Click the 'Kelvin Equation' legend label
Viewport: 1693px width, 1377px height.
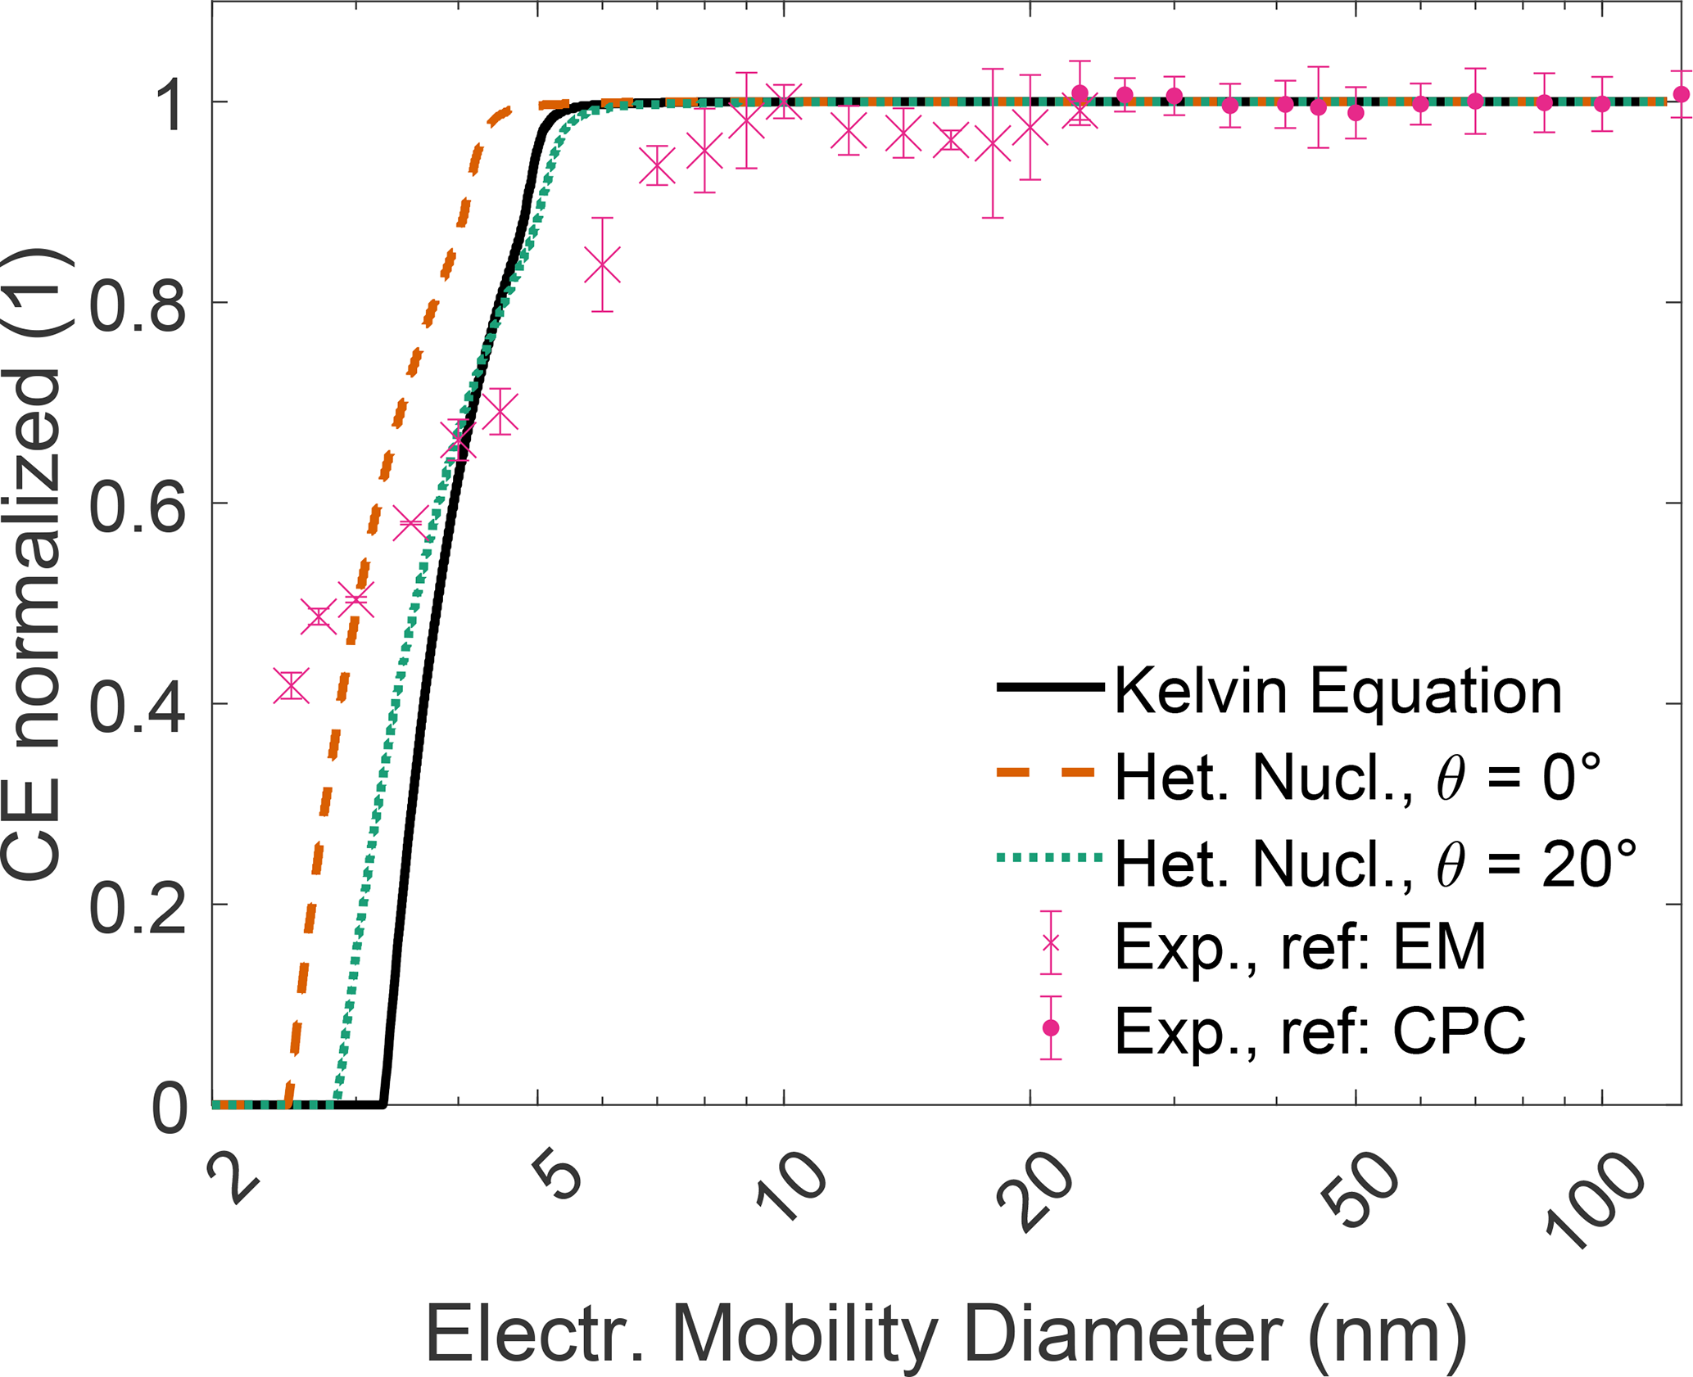(1338, 692)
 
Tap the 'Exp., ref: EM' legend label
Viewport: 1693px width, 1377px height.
(1300, 947)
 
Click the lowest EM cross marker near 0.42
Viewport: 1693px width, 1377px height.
(292, 686)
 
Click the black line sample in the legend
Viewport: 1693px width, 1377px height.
(1049, 688)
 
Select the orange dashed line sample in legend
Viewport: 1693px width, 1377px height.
(1049, 773)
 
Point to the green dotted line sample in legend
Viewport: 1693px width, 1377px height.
(1049, 858)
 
